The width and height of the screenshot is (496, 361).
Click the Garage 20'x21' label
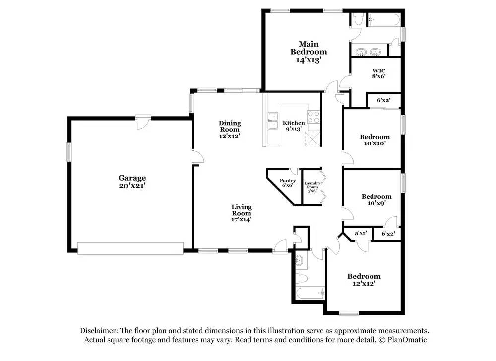132,181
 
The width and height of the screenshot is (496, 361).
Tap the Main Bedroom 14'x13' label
309,51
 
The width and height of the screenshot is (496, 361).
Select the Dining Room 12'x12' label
230,129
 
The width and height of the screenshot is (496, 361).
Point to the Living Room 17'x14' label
242,213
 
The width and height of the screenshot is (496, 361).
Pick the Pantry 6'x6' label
288,183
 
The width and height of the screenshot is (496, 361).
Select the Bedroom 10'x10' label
374,140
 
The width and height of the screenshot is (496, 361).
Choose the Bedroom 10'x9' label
376,199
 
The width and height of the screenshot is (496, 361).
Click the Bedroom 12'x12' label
364,279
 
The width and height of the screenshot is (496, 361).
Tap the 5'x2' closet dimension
360,233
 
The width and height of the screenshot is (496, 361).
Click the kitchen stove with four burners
313,117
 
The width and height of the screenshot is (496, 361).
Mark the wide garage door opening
130,248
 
